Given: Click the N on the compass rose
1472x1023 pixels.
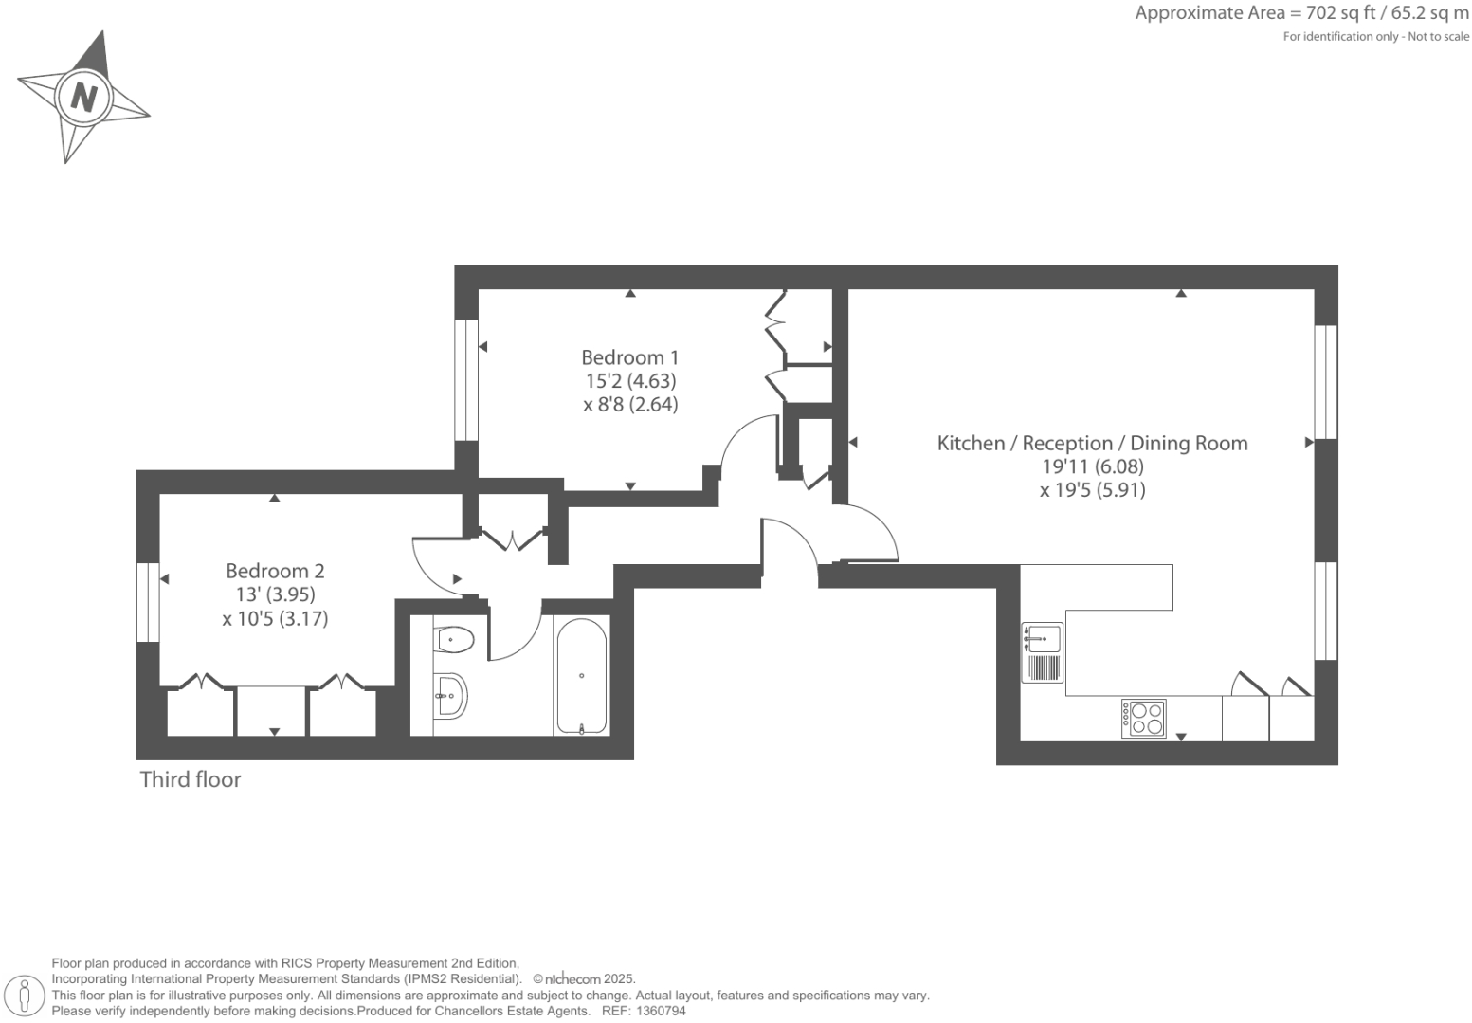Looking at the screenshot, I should coord(84,97).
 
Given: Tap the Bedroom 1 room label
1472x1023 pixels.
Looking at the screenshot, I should coord(629,357).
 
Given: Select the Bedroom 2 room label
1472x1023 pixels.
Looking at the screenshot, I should coord(275,571).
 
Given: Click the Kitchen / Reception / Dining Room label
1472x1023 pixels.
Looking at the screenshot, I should coord(1092,443).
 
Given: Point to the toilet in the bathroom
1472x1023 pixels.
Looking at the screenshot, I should coord(454,640).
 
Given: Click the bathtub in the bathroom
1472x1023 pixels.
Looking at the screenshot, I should coord(581,676).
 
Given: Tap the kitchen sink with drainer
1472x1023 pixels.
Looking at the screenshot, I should coord(1042,652).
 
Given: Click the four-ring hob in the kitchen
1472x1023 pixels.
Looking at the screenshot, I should coord(1144,719).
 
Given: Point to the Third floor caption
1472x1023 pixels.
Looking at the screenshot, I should coord(191,779).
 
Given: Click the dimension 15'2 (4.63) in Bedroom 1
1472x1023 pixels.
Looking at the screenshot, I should coord(630,381).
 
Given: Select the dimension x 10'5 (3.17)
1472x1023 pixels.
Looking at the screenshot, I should coord(275,619).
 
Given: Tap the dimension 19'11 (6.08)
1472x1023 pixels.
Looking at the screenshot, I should coord(1092,466).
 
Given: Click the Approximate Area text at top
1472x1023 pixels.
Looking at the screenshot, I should coord(1301,13).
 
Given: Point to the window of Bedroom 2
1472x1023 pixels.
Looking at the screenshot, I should coord(148,602).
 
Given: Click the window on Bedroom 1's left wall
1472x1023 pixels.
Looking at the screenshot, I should coord(466,379).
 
